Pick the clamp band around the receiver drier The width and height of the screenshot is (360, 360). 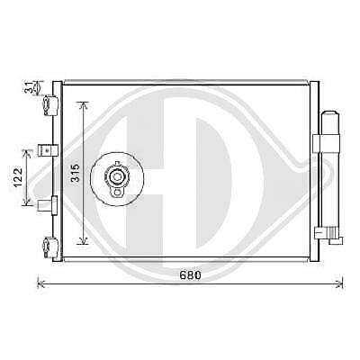pos(326,143)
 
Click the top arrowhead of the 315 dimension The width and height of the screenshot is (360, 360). pos(84,104)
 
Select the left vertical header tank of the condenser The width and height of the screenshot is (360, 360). pos(58,171)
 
